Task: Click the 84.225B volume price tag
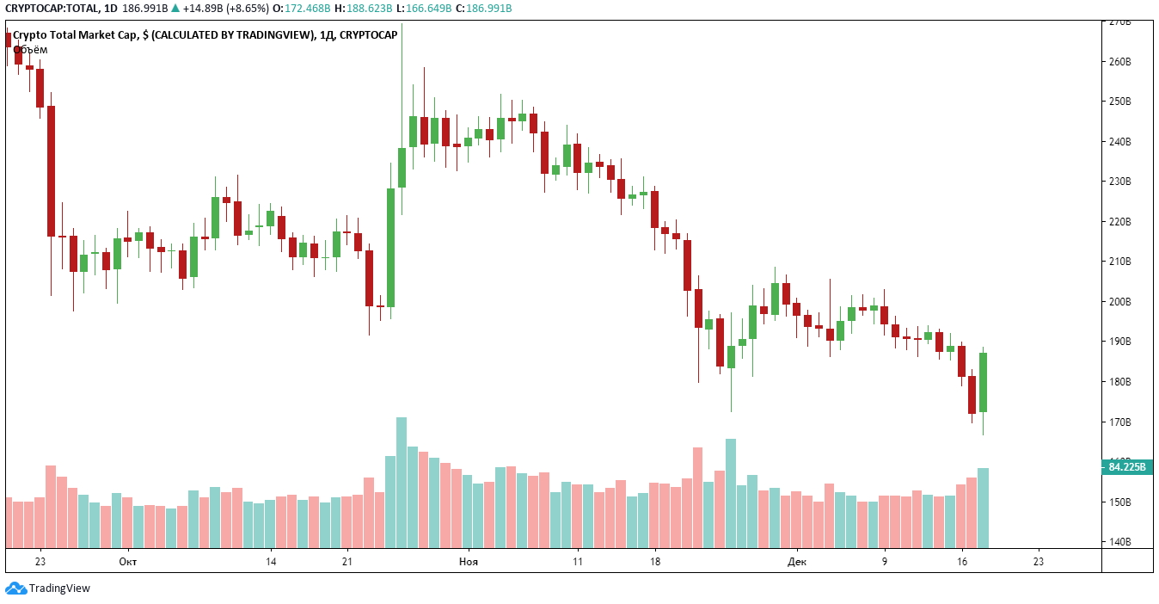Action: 1127,467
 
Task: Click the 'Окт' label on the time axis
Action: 127,562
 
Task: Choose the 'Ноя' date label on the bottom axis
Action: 468,562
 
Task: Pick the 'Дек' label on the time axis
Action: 797,562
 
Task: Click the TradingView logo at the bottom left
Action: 48,589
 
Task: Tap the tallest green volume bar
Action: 402,483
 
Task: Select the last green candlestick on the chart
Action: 983,381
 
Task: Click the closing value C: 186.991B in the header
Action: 483,9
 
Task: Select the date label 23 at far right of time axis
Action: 1038,562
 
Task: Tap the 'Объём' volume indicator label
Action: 30,50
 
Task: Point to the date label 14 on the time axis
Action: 271,562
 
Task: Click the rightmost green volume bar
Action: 983,508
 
